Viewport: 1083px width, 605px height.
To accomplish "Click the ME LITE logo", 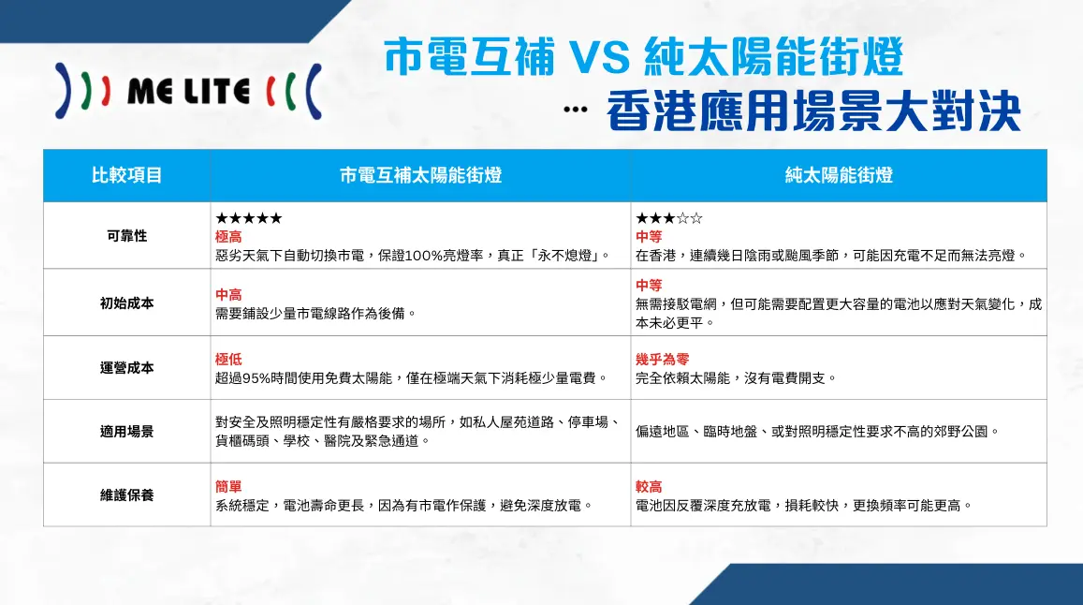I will coord(188,92).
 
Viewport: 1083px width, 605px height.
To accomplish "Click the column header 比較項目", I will coord(126,175).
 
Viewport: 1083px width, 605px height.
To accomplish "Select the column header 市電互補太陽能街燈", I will coord(420,175).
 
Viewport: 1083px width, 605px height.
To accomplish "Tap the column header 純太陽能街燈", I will coord(839,175).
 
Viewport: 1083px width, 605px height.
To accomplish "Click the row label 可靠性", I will coord(126,236).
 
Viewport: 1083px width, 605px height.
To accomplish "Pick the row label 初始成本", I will coord(126,302).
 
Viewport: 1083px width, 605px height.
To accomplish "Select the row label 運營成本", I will coord(126,368).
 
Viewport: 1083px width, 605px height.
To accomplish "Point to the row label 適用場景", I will coord(126,432).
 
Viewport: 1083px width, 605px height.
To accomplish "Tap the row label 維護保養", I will coord(126,494).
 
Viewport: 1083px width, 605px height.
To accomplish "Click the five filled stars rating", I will coord(248,219).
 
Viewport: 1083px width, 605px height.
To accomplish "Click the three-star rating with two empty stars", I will coord(668,219).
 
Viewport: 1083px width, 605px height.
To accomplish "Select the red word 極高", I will coord(228,237).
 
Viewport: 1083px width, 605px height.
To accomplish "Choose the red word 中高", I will coord(228,295).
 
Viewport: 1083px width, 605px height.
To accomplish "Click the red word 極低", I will coord(228,360).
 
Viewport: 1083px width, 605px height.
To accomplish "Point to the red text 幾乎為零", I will coord(662,360).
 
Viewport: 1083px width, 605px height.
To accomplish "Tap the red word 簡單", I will coord(228,487).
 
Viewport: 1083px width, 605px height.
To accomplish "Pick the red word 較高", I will coord(649,487).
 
